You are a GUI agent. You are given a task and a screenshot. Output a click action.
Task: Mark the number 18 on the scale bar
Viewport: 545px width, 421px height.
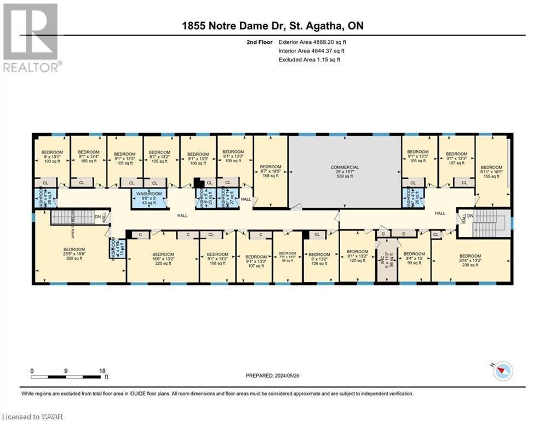click(101, 371)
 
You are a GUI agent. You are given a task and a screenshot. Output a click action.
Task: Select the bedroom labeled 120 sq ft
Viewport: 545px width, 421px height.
click(357, 256)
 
